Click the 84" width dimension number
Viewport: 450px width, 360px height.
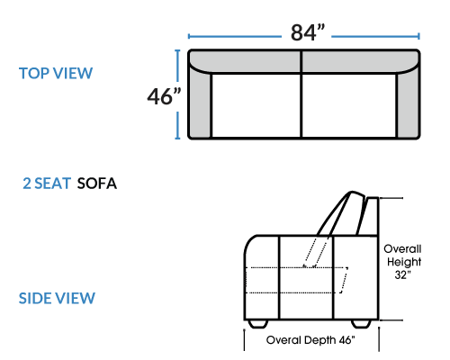(x=308, y=32)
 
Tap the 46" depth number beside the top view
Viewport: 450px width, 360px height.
(x=164, y=96)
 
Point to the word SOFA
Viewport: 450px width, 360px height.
(x=97, y=184)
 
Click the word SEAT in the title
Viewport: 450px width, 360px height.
(x=52, y=184)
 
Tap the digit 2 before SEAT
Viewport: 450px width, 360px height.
(x=27, y=184)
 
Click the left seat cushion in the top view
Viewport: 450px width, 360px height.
(x=256, y=105)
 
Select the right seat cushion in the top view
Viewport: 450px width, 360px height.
(x=349, y=105)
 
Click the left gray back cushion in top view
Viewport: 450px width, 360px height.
(x=246, y=61)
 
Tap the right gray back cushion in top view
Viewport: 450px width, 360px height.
(x=360, y=61)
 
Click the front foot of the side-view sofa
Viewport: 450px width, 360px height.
(x=257, y=324)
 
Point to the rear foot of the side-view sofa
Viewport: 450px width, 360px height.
(x=361, y=324)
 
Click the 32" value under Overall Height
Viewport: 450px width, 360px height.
(x=402, y=274)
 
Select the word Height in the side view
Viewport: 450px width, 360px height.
(x=404, y=262)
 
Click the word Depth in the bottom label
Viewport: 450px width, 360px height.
(x=319, y=340)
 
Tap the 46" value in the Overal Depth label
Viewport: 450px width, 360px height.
(x=347, y=340)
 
